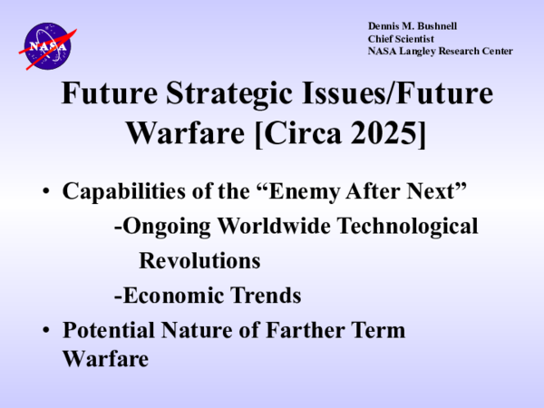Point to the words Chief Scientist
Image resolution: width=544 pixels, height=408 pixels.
click(401, 38)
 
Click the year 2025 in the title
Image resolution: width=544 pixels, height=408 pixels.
click(390, 132)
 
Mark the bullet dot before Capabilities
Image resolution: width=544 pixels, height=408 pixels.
click(45, 192)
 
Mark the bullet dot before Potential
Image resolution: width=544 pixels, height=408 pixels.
click(45, 331)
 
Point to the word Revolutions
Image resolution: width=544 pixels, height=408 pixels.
click(199, 261)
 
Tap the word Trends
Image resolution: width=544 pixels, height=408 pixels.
click(268, 296)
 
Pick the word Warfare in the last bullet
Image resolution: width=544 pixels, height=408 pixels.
click(105, 358)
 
